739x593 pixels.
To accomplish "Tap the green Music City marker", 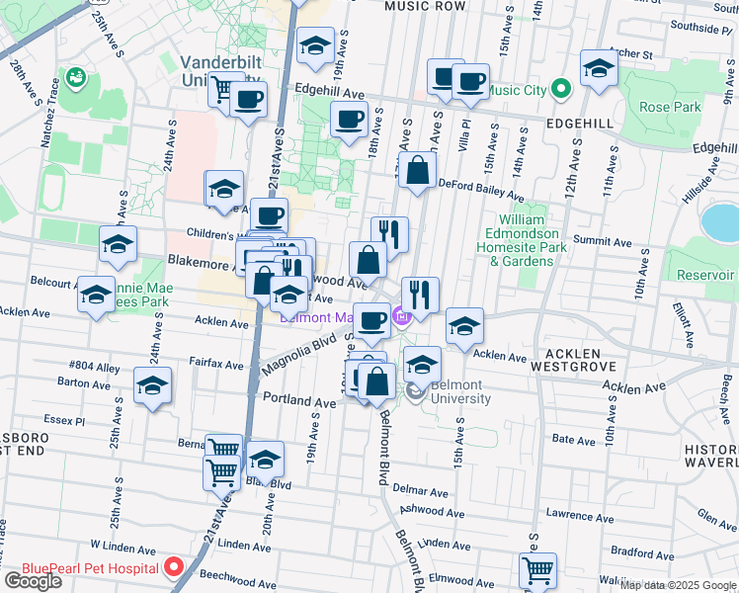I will coord(561,91).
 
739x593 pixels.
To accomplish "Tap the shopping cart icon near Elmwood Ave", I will coord(536,569).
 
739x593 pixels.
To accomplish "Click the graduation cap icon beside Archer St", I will coord(599,68).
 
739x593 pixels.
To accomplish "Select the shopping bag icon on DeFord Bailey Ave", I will coord(419,169).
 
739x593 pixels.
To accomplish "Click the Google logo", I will coord(33,580).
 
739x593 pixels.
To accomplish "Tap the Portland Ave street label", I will coord(300,403).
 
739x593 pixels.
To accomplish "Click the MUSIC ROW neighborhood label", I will coord(425,6).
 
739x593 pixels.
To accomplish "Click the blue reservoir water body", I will coord(720,222).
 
